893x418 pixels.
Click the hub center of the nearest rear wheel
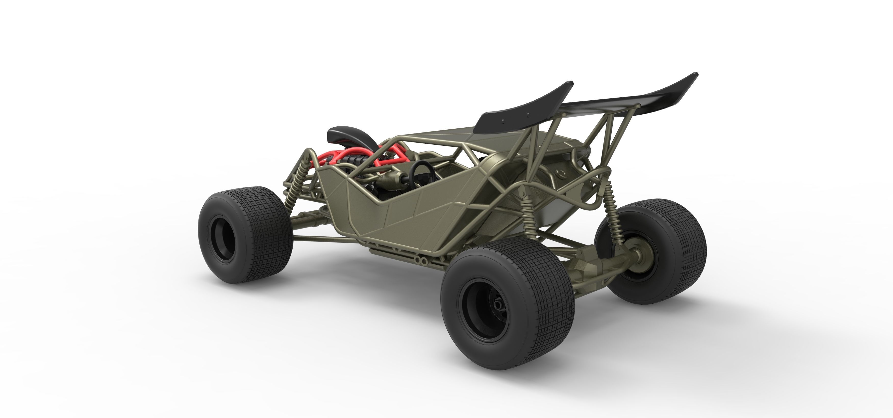498,304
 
